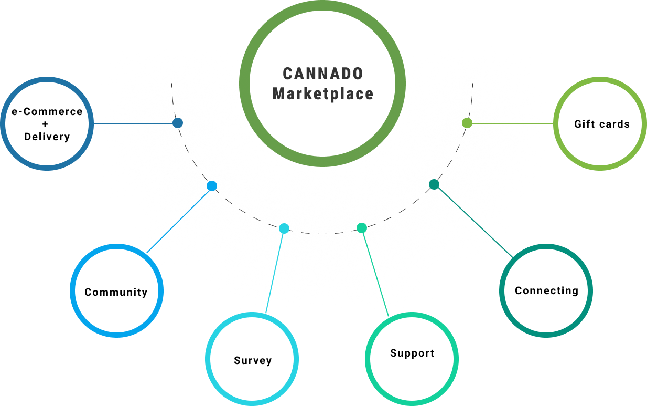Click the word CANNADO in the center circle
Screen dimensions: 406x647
[x=323, y=74]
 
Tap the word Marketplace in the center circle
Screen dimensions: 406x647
[x=323, y=94]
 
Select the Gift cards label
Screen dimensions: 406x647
[x=601, y=124]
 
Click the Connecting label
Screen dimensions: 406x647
[x=546, y=291]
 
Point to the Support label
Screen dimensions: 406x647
[x=412, y=353]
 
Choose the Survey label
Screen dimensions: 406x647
[x=253, y=361]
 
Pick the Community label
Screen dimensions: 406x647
[x=116, y=293]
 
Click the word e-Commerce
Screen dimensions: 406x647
[x=47, y=112]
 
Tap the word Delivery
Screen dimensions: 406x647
[x=47, y=137]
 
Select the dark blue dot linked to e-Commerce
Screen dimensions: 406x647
[x=178, y=123]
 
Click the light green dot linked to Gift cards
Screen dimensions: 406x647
[x=467, y=123]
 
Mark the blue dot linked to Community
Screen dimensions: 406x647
[x=212, y=185]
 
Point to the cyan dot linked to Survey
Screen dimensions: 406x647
[x=284, y=228]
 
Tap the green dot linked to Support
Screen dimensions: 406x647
[x=361, y=228]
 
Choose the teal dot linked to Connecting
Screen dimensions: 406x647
[x=434, y=184]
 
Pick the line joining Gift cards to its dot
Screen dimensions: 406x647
[x=511, y=123]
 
